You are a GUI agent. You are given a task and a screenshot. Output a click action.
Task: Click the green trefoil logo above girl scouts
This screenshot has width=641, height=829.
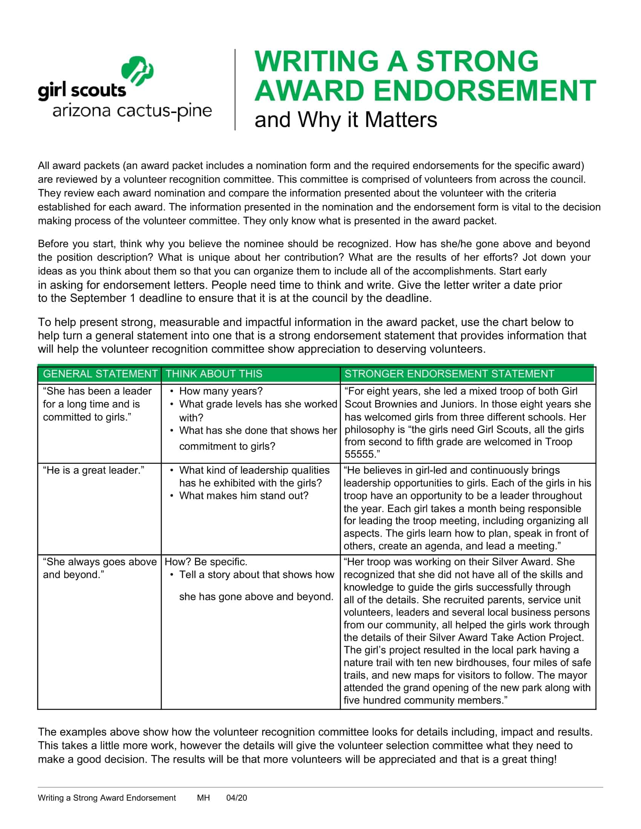(x=137, y=71)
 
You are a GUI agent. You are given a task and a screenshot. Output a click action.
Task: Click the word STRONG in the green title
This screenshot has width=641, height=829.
(x=477, y=61)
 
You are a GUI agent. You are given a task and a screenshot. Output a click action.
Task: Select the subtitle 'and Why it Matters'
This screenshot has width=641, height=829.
(x=345, y=120)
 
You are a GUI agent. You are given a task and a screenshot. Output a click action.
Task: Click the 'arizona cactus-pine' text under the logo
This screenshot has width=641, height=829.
(x=132, y=111)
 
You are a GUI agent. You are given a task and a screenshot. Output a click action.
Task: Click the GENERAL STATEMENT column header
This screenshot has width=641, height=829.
(x=100, y=374)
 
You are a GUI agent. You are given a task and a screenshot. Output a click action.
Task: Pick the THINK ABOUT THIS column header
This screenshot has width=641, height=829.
(x=214, y=374)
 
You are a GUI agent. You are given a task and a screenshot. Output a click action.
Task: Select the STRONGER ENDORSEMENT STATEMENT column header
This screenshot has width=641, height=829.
(x=449, y=374)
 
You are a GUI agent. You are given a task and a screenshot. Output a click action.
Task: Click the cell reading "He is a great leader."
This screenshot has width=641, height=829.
(x=94, y=470)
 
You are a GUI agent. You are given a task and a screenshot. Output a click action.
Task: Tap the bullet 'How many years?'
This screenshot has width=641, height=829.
(x=221, y=391)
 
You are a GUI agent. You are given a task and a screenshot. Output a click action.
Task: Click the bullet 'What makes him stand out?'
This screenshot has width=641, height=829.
(x=244, y=496)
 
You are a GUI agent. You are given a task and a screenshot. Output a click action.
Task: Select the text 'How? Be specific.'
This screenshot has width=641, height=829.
(x=206, y=562)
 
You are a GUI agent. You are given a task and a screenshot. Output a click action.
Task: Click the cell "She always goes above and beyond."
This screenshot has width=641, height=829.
(x=100, y=568)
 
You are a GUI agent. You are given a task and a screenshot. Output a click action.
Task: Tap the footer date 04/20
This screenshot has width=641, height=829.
(x=236, y=798)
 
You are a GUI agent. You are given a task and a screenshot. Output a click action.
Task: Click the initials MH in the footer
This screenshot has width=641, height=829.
(x=203, y=798)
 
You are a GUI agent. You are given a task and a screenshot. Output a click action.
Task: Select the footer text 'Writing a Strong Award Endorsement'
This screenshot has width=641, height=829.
(x=107, y=798)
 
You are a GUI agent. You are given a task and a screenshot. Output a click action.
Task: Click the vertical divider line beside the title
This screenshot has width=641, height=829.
(x=235, y=90)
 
